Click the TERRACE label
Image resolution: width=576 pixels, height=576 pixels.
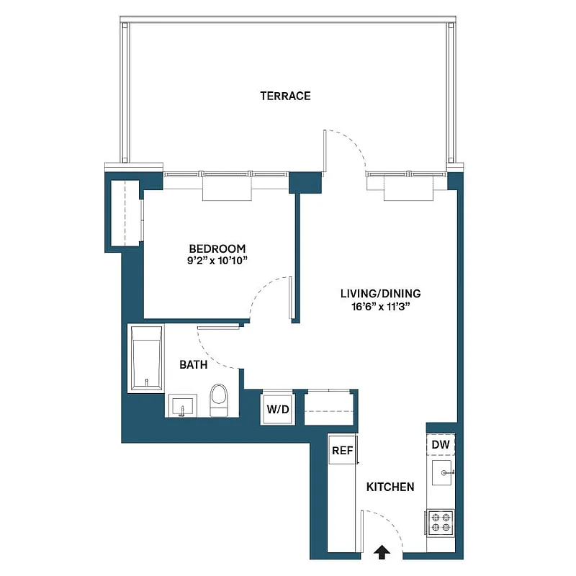pyautogui.click(x=286, y=96)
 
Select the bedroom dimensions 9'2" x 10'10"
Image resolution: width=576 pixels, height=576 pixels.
pyautogui.click(x=217, y=261)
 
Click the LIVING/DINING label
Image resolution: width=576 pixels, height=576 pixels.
pyautogui.click(x=381, y=294)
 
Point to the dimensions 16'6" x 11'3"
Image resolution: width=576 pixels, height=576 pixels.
pyautogui.click(x=381, y=306)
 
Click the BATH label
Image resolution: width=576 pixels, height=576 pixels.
pyautogui.click(x=193, y=365)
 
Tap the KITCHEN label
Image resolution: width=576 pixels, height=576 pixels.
pyautogui.click(x=390, y=487)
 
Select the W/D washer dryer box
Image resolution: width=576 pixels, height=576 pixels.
pyautogui.click(x=278, y=410)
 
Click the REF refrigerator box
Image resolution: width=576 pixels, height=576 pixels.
pyautogui.click(x=341, y=451)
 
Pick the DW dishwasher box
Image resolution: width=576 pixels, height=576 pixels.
pyautogui.click(x=441, y=445)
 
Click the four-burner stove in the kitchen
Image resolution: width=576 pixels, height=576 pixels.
pyautogui.click(x=440, y=522)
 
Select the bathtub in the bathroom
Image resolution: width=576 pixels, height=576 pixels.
pyautogui.click(x=146, y=359)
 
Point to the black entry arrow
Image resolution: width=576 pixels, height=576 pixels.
pyautogui.click(x=382, y=551)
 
